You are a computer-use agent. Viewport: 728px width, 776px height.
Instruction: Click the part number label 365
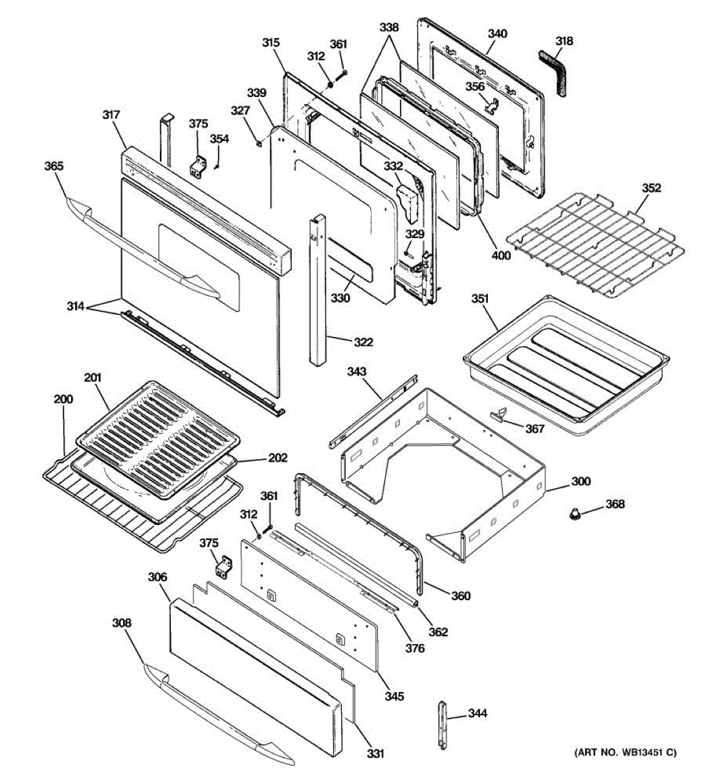point(54,166)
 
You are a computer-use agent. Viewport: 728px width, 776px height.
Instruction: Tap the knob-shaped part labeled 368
point(574,514)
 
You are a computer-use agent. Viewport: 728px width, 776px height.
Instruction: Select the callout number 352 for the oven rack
point(652,188)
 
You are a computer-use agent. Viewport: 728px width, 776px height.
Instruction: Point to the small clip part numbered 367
point(498,414)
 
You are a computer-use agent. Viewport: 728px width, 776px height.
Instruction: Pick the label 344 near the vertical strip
point(478,713)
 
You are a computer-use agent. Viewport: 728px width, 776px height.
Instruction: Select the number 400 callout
point(501,255)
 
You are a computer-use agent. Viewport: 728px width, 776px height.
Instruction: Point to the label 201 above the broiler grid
point(93,378)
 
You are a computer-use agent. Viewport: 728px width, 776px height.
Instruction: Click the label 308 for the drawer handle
point(122,623)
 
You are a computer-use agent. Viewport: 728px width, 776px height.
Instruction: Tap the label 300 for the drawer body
point(581,481)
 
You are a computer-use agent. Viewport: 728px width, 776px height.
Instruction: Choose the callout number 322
point(364,342)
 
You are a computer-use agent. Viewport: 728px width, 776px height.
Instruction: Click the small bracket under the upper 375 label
point(199,167)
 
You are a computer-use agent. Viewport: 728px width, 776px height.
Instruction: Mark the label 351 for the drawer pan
point(480,299)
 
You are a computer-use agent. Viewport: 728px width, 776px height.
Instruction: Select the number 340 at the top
point(497,34)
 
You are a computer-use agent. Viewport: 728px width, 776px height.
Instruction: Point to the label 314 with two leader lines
point(76,307)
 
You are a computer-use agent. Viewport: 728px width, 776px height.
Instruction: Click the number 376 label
point(415,648)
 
